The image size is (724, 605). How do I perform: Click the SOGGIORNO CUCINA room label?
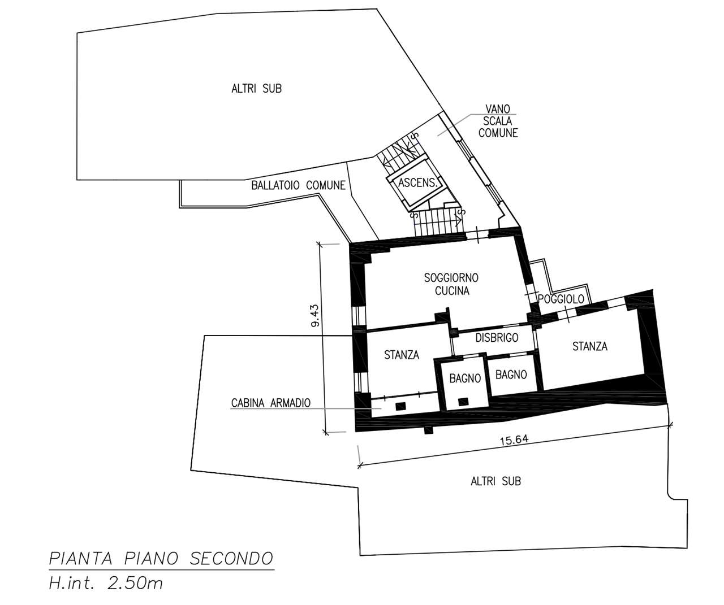point(451,284)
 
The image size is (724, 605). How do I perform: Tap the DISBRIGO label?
point(497,338)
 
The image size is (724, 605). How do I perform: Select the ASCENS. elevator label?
point(416,182)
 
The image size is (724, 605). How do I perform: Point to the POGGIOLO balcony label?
point(561,299)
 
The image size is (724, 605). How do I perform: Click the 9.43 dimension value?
point(316,315)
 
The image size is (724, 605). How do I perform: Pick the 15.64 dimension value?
point(514,440)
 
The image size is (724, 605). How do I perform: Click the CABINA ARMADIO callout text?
point(271,403)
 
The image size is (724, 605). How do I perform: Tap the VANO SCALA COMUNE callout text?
point(498,121)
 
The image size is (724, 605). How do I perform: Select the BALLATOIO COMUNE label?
point(298,185)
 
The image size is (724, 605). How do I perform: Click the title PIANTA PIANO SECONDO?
point(161,559)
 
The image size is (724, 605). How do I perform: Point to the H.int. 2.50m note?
point(106,584)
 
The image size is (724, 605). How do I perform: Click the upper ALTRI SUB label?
point(257,89)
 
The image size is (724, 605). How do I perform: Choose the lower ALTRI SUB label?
point(495,481)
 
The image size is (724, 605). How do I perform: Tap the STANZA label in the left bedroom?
point(402,355)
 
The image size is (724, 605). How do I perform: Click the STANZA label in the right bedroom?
point(590,346)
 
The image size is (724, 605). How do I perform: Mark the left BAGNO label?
point(465,378)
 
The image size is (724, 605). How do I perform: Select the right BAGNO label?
point(511,375)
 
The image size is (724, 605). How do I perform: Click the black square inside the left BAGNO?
point(463,402)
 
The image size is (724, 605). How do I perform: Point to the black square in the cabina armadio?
point(401,406)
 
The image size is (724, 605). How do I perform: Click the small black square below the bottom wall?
point(429,430)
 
